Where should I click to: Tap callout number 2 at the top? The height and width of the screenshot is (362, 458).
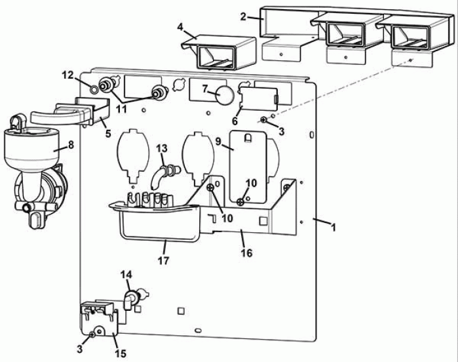[243, 16]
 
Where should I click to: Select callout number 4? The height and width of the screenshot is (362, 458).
[180, 27]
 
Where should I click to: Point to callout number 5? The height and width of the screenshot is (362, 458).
[108, 134]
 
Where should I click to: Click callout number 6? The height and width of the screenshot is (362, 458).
[235, 120]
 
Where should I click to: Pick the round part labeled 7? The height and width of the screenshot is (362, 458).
[225, 95]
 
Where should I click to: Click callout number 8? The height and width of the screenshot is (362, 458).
[71, 145]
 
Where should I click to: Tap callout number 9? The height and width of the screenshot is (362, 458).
[218, 142]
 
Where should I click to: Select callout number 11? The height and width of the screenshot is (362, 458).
[121, 110]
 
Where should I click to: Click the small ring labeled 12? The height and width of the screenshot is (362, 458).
[94, 89]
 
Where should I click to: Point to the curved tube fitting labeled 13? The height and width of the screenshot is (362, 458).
[162, 174]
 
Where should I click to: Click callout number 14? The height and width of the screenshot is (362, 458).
[126, 275]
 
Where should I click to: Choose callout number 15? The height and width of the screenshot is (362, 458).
[121, 353]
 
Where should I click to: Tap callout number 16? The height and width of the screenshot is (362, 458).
[246, 253]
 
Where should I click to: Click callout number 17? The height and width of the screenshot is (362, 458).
[163, 260]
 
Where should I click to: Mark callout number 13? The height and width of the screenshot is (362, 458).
[162, 148]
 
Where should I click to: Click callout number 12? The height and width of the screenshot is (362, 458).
[67, 75]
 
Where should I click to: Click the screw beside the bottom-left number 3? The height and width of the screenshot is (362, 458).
[92, 334]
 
